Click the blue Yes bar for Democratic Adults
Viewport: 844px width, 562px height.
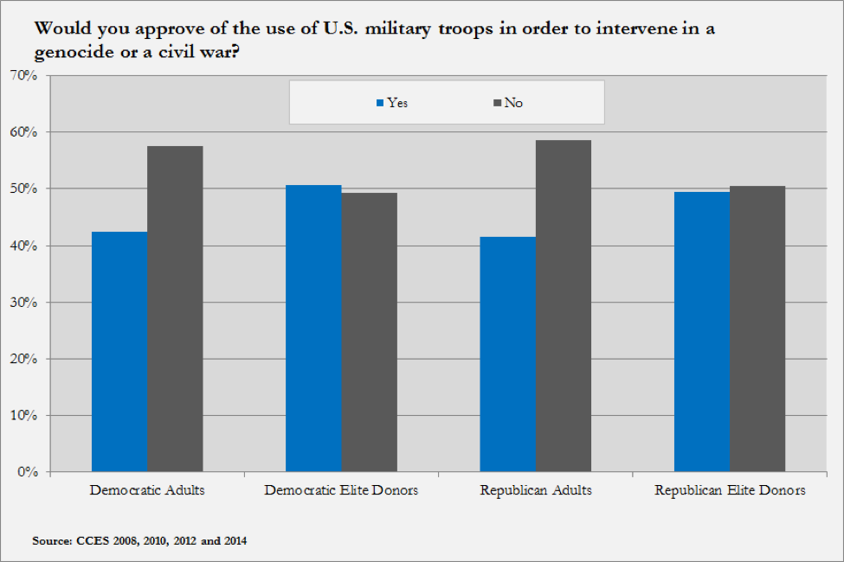119,352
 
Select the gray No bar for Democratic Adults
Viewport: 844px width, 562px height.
175,309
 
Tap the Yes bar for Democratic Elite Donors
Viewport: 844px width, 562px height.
313,329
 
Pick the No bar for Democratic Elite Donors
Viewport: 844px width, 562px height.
369,332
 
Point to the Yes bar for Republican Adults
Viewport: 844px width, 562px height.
507,354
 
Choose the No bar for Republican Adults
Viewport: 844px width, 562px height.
563,306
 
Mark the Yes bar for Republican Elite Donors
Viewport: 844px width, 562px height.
702,332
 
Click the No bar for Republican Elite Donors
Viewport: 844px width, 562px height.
757,329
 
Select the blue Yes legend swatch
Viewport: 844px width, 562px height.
379,103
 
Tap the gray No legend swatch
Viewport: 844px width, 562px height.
498,103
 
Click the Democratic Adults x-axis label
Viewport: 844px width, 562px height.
147,490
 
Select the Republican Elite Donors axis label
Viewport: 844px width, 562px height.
730,490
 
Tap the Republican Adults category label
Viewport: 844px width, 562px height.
536,490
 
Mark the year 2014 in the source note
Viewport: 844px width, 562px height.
235,541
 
